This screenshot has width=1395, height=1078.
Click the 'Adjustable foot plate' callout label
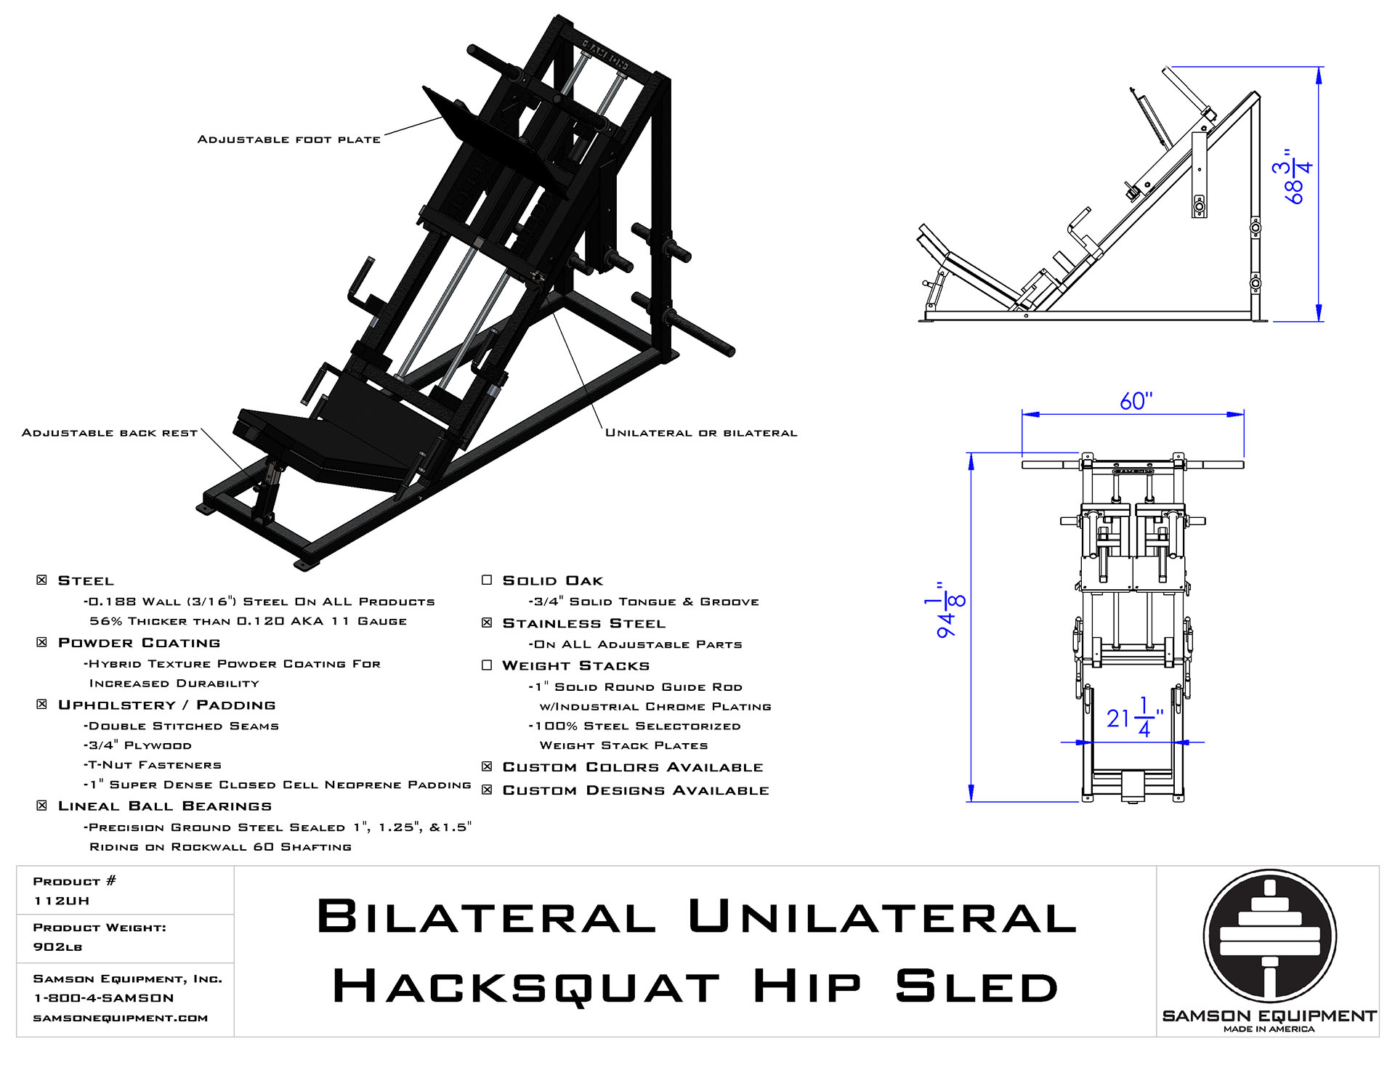[288, 139]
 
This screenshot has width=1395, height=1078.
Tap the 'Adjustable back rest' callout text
[109, 433]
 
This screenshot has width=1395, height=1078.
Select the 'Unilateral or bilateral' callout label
[701, 433]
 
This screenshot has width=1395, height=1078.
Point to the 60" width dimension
[1136, 402]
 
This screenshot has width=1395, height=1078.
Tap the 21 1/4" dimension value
[1134, 718]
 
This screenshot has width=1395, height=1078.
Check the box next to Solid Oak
[487, 580]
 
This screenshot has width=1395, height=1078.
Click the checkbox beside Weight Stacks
[487, 665]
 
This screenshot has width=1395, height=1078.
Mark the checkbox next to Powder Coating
[42, 643]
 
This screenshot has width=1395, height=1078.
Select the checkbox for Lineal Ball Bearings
[42, 806]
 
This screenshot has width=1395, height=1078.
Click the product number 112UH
[62, 901]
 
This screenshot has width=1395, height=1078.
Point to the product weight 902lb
[57, 947]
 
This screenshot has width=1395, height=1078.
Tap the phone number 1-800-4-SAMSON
[104, 998]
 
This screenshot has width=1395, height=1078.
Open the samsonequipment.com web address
[121, 1018]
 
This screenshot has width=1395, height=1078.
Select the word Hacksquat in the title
[526, 988]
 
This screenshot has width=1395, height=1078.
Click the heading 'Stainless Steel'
[583, 623]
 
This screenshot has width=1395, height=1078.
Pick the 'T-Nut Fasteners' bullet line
[153, 765]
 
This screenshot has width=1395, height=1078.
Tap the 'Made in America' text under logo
[1269, 1029]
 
